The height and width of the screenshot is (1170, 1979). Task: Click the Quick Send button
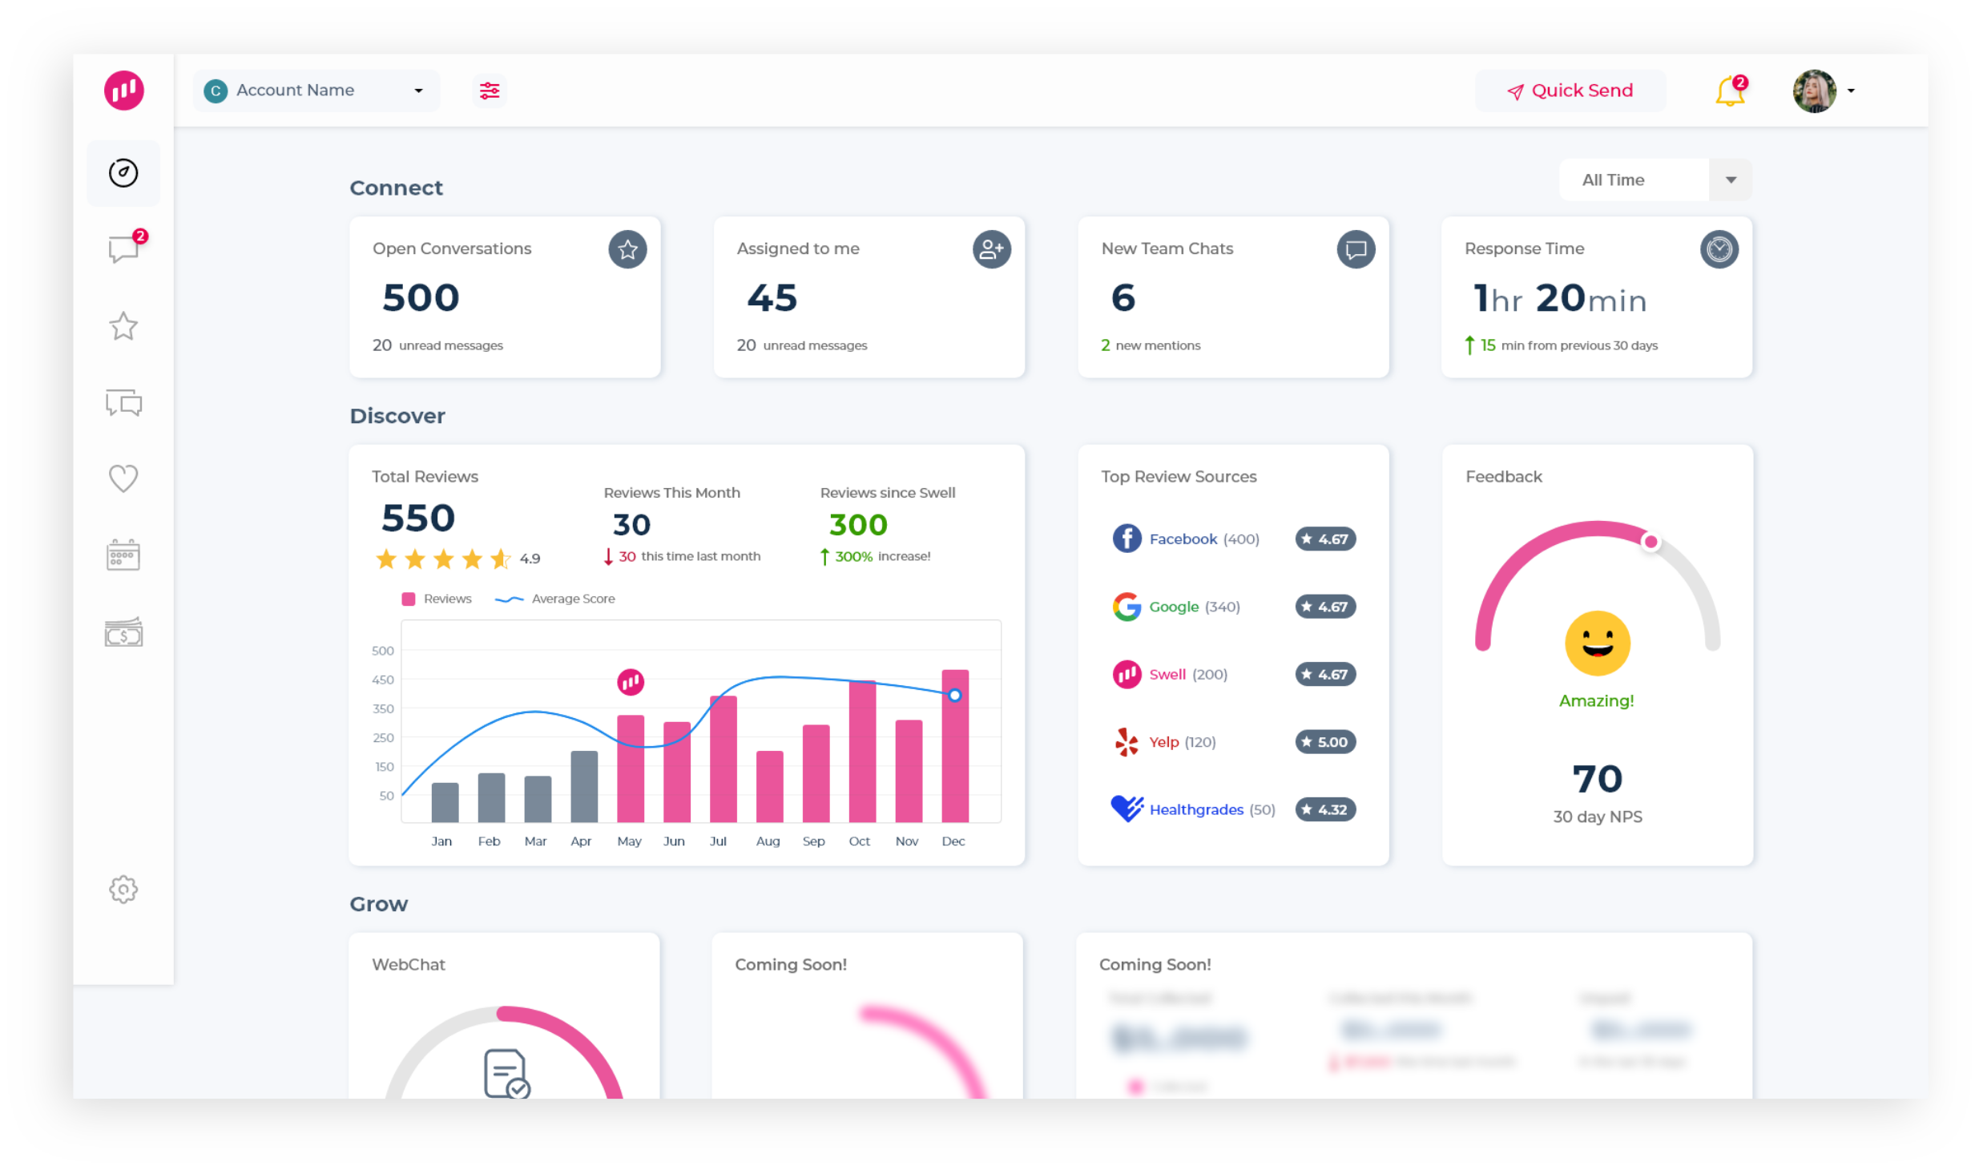coord(1570,91)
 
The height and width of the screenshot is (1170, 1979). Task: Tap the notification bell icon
coord(1729,93)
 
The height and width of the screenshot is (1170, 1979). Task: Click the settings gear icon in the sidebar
coord(123,889)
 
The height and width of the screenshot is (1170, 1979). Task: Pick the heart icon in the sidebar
coord(123,478)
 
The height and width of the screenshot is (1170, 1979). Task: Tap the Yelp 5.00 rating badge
coord(1325,742)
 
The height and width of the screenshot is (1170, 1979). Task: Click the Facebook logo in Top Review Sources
coord(1127,539)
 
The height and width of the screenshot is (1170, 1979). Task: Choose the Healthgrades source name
coord(1196,809)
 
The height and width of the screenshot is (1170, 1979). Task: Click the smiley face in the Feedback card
coord(1597,643)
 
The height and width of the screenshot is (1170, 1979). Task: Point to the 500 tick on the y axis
coord(383,651)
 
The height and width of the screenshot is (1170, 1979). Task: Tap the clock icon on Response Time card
coord(1719,249)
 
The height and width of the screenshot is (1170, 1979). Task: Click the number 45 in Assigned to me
coord(772,298)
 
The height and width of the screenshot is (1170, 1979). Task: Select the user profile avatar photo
coord(1814,91)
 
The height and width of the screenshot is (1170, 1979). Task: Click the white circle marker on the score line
coord(954,696)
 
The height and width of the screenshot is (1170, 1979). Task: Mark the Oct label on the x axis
coord(859,841)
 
